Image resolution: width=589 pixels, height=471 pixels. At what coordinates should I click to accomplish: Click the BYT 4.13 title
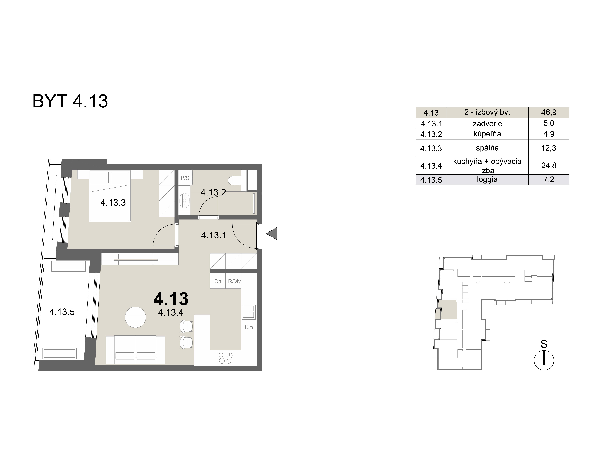click(x=70, y=101)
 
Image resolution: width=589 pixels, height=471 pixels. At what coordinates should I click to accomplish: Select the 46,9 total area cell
click(x=549, y=112)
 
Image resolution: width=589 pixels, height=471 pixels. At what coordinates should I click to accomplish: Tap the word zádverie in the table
click(x=487, y=124)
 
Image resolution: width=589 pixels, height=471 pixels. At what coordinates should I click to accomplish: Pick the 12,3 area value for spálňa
click(x=549, y=148)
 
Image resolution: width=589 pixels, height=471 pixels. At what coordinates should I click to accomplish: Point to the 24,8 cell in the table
click(x=549, y=165)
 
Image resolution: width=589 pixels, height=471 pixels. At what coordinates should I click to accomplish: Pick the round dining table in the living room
click(x=135, y=317)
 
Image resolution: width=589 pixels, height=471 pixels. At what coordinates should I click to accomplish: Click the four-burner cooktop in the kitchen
click(x=225, y=358)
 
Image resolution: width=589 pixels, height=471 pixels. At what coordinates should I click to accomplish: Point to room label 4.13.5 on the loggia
click(x=62, y=312)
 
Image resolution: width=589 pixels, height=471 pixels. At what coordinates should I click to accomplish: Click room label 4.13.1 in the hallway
click(x=214, y=235)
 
